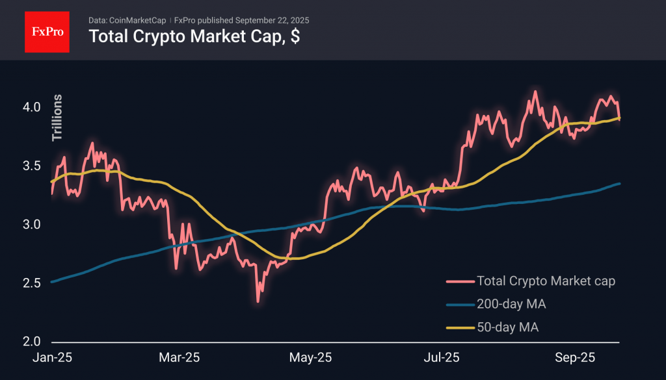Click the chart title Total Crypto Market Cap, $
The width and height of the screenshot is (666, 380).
(194, 36)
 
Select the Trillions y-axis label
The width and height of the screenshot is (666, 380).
(57, 118)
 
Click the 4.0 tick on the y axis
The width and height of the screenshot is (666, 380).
(33, 107)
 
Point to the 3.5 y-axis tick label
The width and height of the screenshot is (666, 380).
(33, 166)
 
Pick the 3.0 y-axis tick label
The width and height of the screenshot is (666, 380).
(33, 225)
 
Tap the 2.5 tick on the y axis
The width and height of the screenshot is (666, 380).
(33, 283)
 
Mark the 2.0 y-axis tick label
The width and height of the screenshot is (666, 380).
(33, 342)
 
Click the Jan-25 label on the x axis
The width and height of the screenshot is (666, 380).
(52, 358)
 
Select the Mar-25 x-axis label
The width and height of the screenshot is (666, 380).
(180, 358)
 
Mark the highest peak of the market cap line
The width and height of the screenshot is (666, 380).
(535, 92)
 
